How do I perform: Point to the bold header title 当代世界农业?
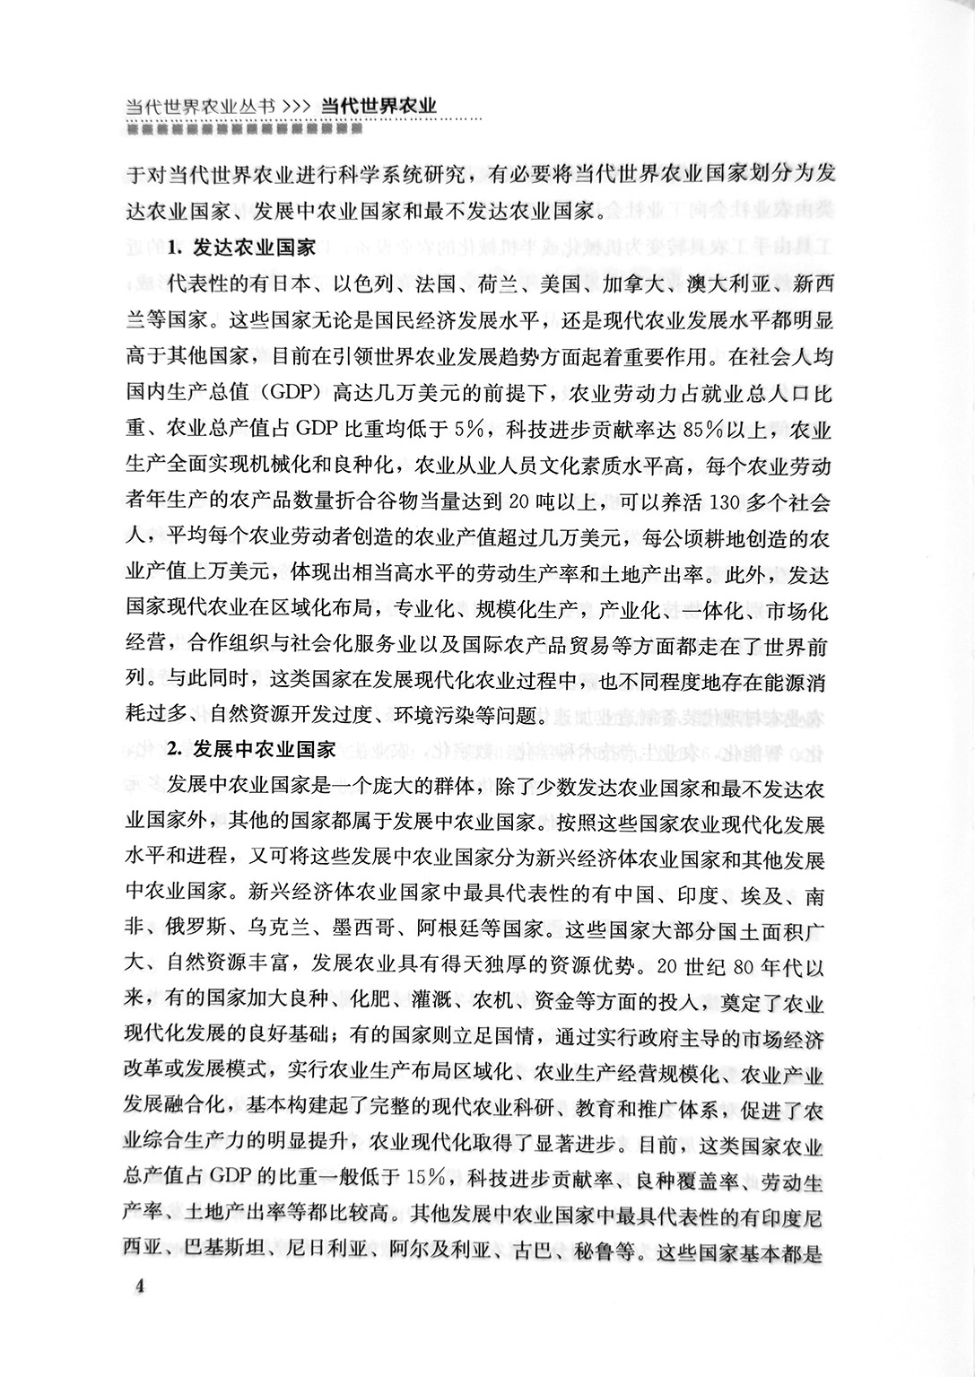click(378, 106)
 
